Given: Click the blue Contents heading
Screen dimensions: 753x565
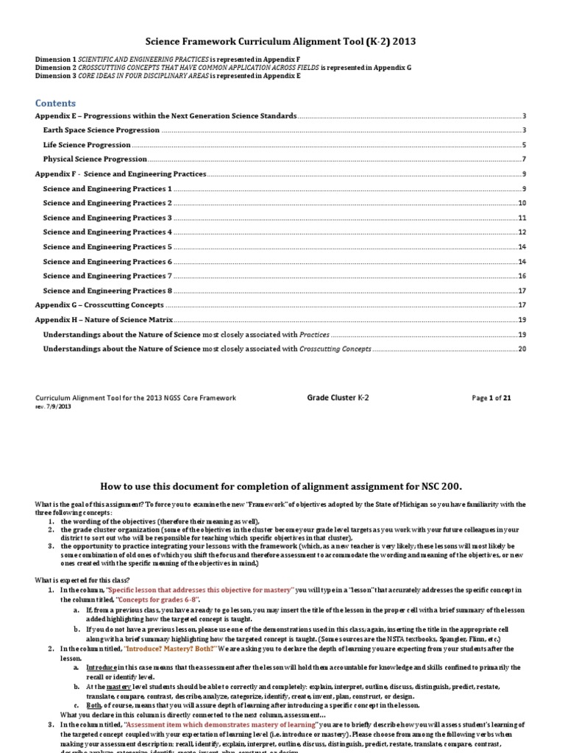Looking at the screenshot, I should tap(55, 103).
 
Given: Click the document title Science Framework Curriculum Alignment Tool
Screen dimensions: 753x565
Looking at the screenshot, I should tap(283, 42).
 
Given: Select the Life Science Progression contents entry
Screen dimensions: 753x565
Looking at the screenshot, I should tap(87, 145).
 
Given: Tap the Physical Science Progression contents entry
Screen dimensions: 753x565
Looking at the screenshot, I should tap(95, 159).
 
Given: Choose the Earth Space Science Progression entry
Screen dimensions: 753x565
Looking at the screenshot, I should tap(101, 130).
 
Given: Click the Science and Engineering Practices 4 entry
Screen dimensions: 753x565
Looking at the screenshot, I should tap(107, 232).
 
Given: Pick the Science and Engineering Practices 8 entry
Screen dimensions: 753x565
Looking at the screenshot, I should tap(107, 290).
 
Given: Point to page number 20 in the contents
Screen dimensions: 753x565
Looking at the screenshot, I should tap(522, 349).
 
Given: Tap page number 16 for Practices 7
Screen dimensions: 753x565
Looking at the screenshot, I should tap(522, 276).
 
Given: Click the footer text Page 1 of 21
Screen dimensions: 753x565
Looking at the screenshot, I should tap(491, 398).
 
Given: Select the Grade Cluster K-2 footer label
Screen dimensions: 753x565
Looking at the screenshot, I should tap(338, 397).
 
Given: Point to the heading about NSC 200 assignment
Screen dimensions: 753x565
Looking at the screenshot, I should tap(283, 486).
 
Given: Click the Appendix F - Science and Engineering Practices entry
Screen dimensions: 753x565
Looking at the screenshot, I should tap(121, 174).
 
